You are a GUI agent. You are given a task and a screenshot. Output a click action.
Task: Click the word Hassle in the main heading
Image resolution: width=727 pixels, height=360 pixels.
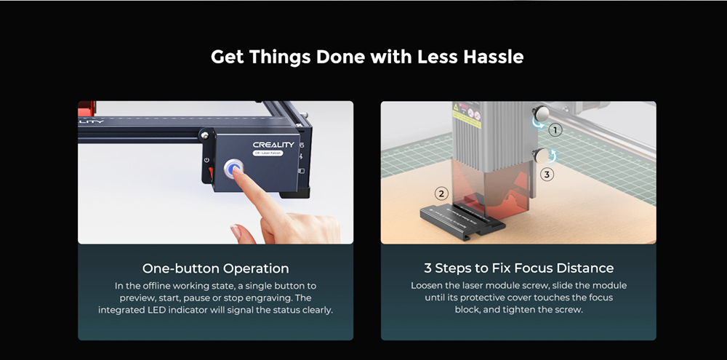point(494,57)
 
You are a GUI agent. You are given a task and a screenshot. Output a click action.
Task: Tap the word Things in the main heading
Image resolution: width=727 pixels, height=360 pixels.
point(280,57)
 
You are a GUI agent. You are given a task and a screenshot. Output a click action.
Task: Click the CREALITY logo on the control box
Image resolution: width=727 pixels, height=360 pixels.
point(273,145)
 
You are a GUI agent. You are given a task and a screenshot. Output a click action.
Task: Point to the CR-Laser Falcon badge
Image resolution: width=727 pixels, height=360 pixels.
point(268,153)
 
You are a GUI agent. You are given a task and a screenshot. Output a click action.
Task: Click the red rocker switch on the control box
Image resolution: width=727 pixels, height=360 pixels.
point(211,174)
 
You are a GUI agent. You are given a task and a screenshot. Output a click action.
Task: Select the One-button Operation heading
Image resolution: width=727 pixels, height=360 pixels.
point(216,268)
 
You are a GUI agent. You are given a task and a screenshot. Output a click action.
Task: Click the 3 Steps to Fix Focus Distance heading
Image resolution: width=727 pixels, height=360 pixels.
point(519,268)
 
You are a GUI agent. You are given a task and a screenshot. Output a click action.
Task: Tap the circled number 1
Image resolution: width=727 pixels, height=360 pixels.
point(555,130)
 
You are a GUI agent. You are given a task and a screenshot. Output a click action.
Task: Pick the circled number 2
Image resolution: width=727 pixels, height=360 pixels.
point(441,193)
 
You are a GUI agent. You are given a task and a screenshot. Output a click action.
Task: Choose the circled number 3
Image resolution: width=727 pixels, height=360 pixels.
point(547,175)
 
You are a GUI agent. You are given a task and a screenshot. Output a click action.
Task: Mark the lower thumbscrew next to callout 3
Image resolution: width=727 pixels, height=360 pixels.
point(540,156)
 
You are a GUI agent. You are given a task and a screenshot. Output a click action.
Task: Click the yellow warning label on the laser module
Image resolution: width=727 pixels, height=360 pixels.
point(466,115)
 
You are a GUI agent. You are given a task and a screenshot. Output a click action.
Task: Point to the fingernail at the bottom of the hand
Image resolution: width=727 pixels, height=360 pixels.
point(236,231)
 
